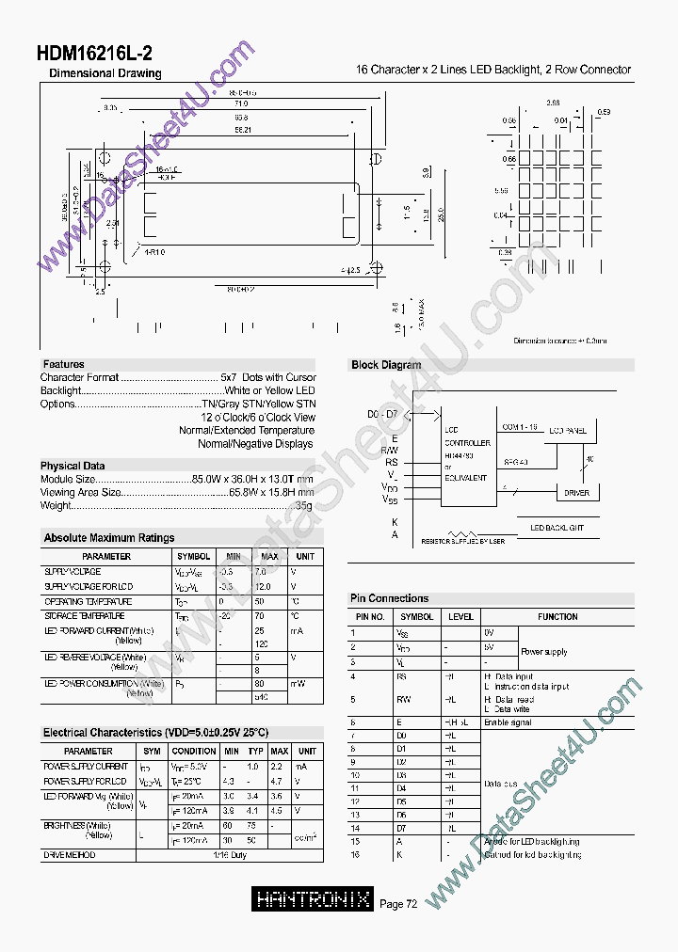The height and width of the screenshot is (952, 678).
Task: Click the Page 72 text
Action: tap(398, 904)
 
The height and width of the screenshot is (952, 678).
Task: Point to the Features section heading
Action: tap(63, 364)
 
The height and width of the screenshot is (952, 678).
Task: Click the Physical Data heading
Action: tap(73, 466)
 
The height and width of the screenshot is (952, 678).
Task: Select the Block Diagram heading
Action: tap(386, 365)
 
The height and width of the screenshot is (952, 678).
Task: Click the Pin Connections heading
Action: tap(389, 598)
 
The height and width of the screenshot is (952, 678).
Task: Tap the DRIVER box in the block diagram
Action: tap(576, 493)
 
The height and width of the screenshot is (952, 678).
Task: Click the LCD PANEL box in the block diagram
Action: tap(567, 431)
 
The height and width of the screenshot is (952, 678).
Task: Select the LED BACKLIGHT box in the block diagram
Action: tap(557, 528)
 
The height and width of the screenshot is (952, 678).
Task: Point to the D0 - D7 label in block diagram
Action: tap(382, 415)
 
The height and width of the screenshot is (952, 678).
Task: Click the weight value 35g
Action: tap(305, 505)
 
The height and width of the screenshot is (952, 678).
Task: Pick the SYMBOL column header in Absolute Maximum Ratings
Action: tap(193, 557)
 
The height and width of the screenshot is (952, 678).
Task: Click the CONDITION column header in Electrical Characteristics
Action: tap(194, 751)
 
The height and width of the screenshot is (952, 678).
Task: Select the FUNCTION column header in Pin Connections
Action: tap(557, 617)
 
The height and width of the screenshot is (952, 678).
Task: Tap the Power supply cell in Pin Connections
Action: tap(545, 651)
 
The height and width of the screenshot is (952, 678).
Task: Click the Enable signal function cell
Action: tap(508, 722)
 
